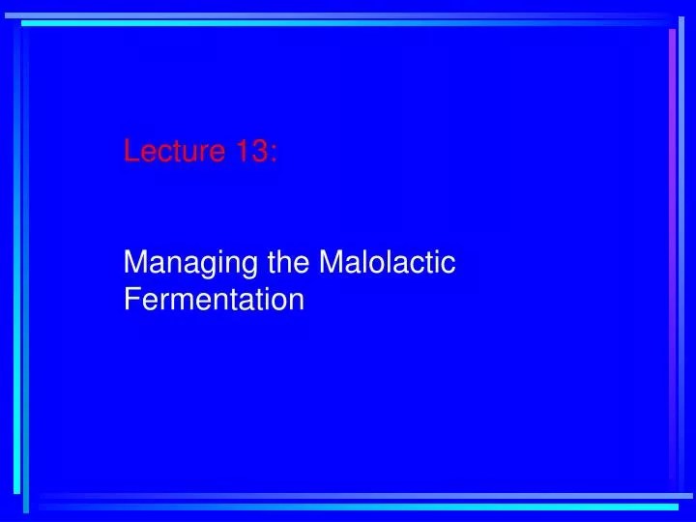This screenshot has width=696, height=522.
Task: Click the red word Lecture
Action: (175, 151)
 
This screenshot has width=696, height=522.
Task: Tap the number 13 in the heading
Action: (251, 151)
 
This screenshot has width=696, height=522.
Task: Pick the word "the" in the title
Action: (279, 262)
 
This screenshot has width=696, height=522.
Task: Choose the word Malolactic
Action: (387, 262)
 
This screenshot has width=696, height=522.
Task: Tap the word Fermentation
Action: (215, 300)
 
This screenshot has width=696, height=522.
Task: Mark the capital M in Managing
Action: (135, 262)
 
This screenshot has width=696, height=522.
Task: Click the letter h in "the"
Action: (279, 262)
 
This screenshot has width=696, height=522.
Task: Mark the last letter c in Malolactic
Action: (449, 264)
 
